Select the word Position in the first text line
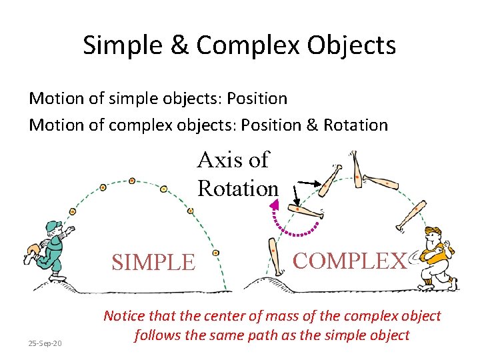pyautogui.click(x=257, y=99)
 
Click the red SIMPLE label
pyautogui.click(x=153, y=262)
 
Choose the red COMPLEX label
pyautogui.click(x=349, y=260)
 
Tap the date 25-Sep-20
pyautogui.click(x=45, y=343)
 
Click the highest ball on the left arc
pyautogui.click(x=132, y=180)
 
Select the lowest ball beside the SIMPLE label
pyautogui.click(x=215, y=253)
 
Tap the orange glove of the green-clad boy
pyautogui.click(x=30, y=250)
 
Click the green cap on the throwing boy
pyautogui.click(x=55, y=225)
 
